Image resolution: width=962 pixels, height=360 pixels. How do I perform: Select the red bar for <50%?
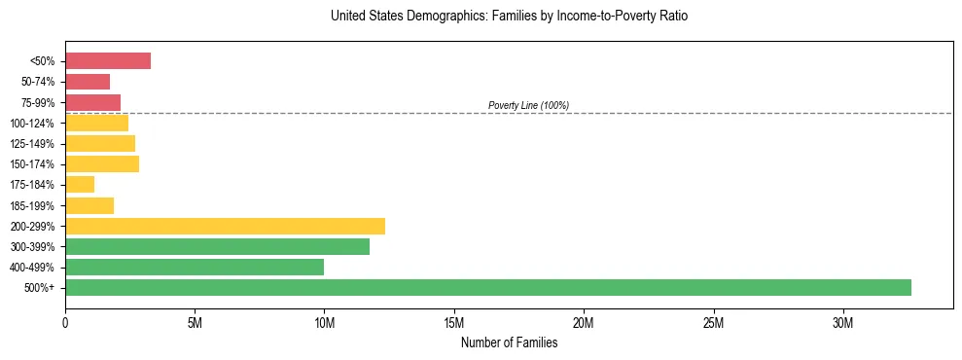[x=108, y=61]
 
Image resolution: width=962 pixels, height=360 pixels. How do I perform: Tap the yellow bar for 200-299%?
[x=225, y=226]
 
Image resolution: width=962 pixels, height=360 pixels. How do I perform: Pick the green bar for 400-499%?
[x=195, y=268]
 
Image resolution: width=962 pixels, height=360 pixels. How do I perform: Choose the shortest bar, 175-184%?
[x=80, y=185]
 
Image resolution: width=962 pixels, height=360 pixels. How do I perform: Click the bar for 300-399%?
[x=217, y=247]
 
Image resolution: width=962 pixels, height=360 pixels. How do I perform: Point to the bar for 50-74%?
[x=88, y=82]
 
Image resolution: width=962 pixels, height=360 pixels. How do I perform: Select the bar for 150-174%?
[x=102, y=164]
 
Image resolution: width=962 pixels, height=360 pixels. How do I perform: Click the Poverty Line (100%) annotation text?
[x=528, y=105]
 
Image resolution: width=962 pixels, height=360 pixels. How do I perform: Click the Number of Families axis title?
[x=509, y=342]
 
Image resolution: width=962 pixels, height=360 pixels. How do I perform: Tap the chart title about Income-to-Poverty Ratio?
[x=509, y=17]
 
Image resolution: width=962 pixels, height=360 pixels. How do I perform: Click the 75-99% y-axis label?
[x=38, y=103]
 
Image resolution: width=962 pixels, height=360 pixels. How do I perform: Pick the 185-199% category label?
[x=35, y=206]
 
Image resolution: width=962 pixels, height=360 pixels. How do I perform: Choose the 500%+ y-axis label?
[x=41, y=288]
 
